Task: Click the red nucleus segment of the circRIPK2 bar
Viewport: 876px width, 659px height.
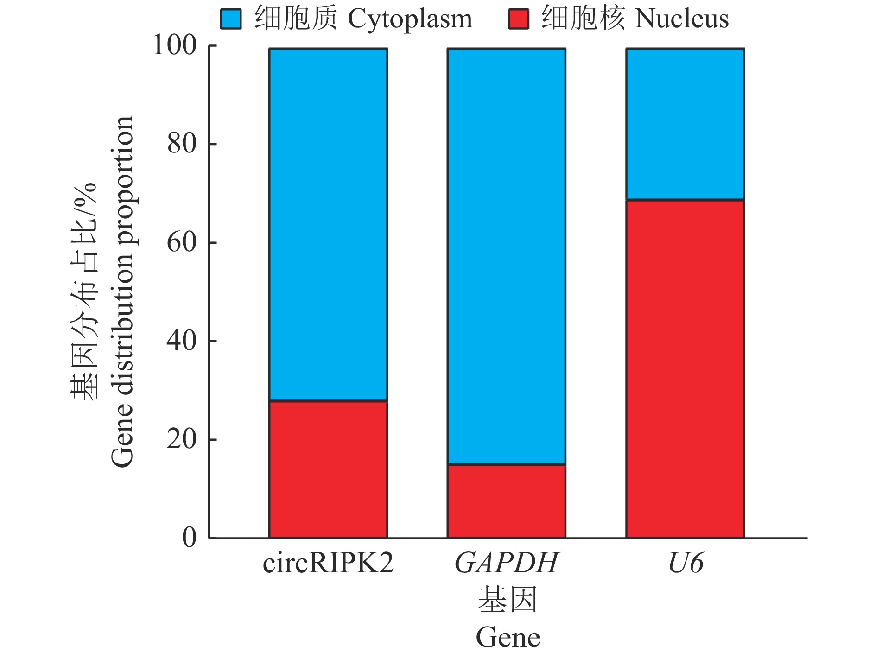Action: click(328, 469)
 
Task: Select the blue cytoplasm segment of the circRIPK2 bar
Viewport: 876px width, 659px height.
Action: click(328, 224)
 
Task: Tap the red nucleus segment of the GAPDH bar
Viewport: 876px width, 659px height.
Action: click(506, 501)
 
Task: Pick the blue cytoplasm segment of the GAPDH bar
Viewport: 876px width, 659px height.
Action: click(506, 256)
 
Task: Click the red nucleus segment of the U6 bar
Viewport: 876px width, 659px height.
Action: click(685, 368)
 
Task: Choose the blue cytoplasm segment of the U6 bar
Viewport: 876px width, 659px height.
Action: click(685, 124)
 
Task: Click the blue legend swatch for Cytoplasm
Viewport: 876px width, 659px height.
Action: click(231, 19)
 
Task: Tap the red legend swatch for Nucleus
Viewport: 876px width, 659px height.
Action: click(518, 19)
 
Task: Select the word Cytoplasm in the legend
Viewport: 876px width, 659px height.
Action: click(410, 19)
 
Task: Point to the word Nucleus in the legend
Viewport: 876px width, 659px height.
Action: click(682, 19)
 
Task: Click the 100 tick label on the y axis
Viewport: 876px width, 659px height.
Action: click(175, 45)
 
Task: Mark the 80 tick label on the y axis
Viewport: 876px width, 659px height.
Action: click(182, 144)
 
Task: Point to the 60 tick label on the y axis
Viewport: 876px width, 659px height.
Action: click(182, 242)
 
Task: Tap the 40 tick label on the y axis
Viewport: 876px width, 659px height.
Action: click(182, 341)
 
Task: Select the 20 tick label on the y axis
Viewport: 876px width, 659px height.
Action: click(182, 439)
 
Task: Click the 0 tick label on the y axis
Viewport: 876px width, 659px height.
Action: click(189, 538)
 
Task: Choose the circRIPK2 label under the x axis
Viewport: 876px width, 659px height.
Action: click(328, 563)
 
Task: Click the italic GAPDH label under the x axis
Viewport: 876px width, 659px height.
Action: click(507, 563)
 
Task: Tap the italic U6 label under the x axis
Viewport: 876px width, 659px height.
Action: click(686, 563)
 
